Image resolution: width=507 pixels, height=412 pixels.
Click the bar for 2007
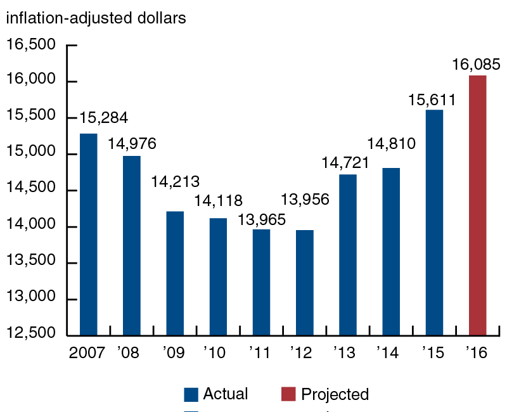click(x=88, y=235)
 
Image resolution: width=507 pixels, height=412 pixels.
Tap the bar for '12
click(x=304, y=283)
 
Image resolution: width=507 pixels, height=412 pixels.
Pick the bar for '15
click(x=434, y=222)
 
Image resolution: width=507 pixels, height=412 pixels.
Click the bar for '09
click(x=175, y=273)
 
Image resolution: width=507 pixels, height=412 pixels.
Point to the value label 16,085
click(x=477, y=64)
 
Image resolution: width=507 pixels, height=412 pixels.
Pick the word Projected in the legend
click(x=335, y=394)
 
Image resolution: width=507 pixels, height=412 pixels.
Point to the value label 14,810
click(x=391, y=143)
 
